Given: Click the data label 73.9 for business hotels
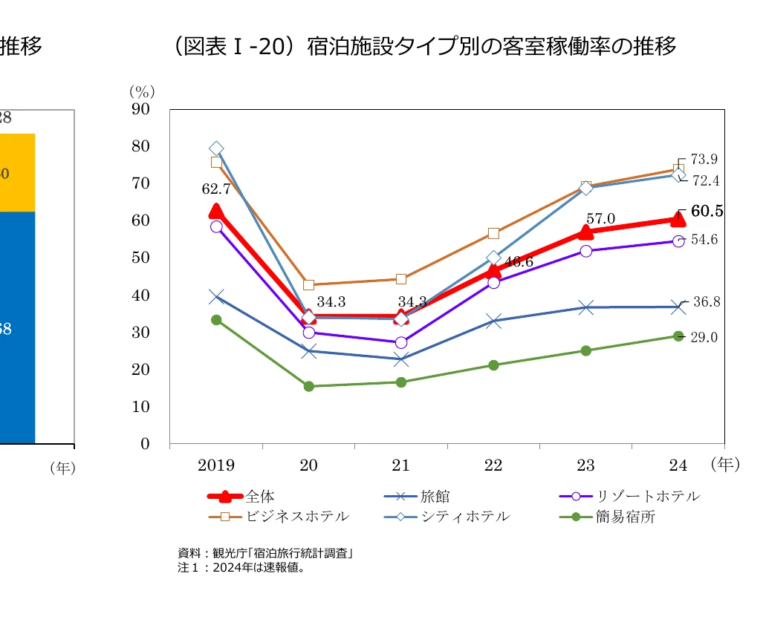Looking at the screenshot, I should [x=704, y=160].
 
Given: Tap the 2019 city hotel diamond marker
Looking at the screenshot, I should [x=216, y=148].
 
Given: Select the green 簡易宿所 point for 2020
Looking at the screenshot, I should [x=308, y=386].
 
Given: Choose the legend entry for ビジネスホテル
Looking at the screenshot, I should [x=297, y=516].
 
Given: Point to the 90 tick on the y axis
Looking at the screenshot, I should [x=140, y=109].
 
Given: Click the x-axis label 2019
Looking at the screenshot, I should [x=216, y=465].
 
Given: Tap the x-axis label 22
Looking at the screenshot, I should [x=493, y=465].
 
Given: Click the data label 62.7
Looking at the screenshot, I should [x=216, y=189].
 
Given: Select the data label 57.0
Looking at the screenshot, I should [x=600, y=219].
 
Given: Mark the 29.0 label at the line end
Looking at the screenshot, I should [x=704, y=338].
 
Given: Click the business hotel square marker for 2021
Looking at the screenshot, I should [x=401, y=279].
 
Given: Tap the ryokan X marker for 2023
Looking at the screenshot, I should [x=586, y=307].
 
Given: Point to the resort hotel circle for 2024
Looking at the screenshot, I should [x=678, y=241].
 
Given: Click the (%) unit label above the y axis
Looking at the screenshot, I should [x=142, y=91].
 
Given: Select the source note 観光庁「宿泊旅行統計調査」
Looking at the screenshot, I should [x=264, y=553].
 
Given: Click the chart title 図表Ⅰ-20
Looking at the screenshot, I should [x=423, y=47].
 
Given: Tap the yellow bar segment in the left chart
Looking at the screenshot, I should [x=16, y=173].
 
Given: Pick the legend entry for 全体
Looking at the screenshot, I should [x=260, y=497].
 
